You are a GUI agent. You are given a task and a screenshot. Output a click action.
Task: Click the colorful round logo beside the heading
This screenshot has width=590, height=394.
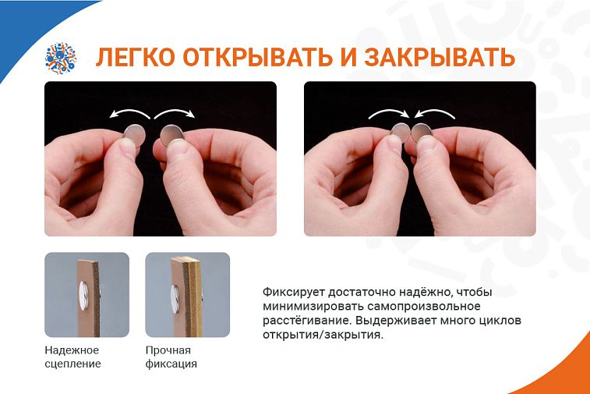pyautogui.click(x=61, y=58)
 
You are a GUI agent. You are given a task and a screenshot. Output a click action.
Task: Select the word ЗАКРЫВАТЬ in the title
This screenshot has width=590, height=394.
pyautogui.click(x=440, y=57)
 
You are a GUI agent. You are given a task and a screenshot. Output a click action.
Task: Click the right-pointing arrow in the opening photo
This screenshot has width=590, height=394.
pyautogui.click(x=175, y=112)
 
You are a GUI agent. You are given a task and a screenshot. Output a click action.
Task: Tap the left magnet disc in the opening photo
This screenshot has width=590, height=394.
pyautogui.click(x=135, y=135)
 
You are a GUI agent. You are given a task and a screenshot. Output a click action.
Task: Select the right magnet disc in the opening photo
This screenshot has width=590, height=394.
pyautogui.click(x=171, y=136)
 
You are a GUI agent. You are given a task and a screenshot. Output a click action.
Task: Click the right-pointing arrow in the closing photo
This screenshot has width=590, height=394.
pyautogui.click(x=388, y=112)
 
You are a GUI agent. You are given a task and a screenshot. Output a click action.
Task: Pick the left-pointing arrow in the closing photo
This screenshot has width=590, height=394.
pyautogui.click(x=435, y=112)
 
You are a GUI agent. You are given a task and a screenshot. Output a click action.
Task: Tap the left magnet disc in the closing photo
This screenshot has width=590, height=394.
pyautogui.click(x=401, y=133)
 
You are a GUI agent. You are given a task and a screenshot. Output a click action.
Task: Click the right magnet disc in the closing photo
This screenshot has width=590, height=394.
pyautogui.click(x=422, y=133)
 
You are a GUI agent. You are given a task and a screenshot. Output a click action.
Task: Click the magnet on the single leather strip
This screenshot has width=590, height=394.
pyautogui.click(x=84, y=296)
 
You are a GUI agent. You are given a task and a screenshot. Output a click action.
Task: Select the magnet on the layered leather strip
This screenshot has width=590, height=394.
pyautogui.click(x=175, y=300)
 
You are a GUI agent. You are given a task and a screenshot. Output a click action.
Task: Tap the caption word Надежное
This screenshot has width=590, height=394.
pyautogui.click(x=72, y=350)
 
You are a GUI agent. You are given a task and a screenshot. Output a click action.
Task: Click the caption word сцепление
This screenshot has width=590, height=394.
pyautogui.click(x=72, y=364)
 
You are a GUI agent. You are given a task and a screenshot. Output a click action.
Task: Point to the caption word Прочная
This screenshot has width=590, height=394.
pyautogui.click(x=168, y=350)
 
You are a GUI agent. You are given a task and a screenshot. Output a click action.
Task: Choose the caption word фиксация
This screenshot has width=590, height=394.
pyautogui.click(x=171, y=364)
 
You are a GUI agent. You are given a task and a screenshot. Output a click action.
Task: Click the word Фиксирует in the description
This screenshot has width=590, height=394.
pyautogui.click(x=294, y=293)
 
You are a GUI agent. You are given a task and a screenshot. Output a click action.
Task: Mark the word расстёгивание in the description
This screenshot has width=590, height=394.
pyautogui.click(x=307, y=321)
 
